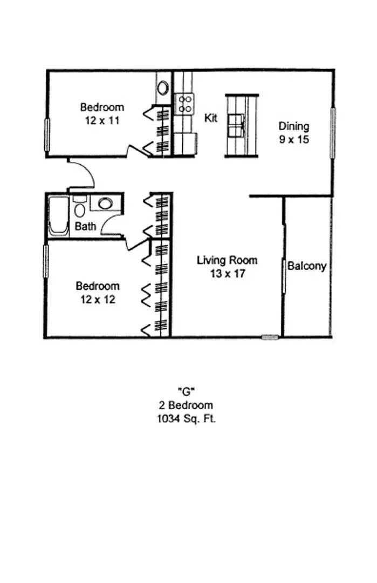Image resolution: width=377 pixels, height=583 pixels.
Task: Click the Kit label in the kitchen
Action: (210, 118)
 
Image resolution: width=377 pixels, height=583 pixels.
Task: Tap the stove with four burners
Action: (184, 104)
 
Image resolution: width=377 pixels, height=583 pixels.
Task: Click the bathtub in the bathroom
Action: (59, 216)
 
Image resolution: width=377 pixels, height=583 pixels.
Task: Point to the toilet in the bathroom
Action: (79, 207)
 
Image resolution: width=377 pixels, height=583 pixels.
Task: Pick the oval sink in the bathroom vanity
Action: (105, 203)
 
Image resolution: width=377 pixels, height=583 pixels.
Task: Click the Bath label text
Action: (85, 226)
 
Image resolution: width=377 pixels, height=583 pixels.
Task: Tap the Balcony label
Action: (307, 266)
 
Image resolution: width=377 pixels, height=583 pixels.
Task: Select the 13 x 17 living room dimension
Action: (228, 274)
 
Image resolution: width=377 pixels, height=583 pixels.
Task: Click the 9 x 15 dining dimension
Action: (294, 140)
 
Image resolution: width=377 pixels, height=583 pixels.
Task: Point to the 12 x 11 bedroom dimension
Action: (102, 121)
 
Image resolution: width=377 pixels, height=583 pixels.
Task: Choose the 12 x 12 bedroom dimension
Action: (98, 300)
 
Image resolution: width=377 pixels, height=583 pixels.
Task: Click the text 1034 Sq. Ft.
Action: (187, 419)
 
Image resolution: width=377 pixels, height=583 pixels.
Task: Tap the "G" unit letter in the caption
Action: (186, 391)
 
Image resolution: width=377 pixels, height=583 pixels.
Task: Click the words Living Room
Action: (227, 260)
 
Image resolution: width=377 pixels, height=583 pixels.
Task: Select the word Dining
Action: (294, 126)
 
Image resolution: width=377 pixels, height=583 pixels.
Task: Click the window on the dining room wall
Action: (333, 133)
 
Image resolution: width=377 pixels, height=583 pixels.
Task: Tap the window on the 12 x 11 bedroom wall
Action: (47, 134)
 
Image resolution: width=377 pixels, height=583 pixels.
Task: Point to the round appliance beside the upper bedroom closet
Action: (163, 88)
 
